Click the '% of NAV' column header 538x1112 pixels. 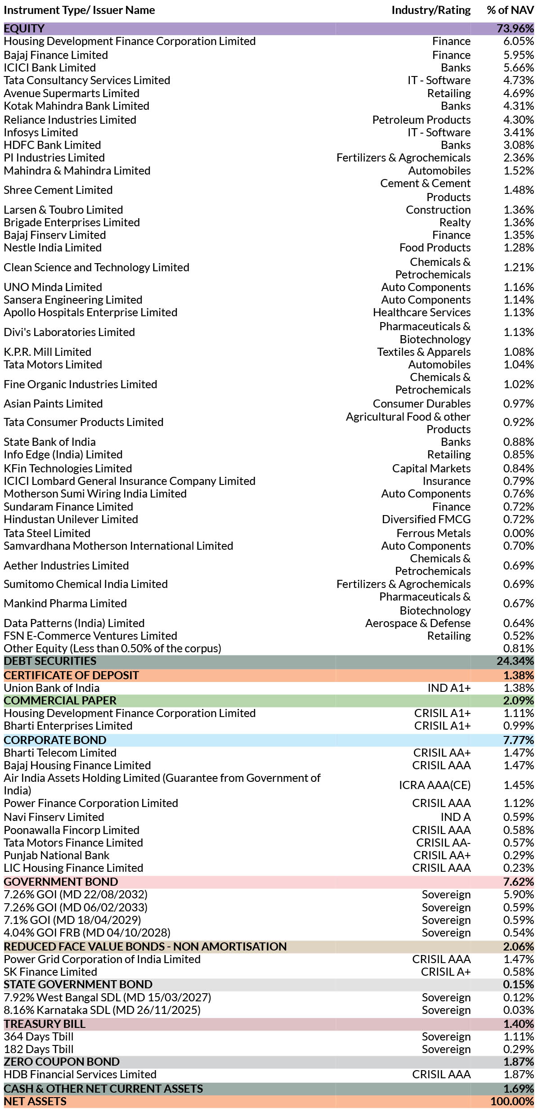[x=510, y=10]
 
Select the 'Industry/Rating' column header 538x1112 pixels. [x=431, y=10]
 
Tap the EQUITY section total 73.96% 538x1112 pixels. [x=515, y=28]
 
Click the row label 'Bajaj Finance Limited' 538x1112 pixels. [x=56, y=55]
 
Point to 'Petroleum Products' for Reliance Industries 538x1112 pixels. [x=421, y=120]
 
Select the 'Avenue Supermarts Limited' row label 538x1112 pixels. [x=72, y=93]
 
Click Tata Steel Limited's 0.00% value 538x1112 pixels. [x=519, y=533]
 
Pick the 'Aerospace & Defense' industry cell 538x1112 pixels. [x=418, y=623]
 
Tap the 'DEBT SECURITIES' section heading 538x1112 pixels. [x=50, y=661]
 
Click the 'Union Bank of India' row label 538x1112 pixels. [x=52, y=688]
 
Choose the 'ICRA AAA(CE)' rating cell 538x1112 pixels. [x=435, y=785]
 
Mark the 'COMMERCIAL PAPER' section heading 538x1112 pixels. [x=60, y=700]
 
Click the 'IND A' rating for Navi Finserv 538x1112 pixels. [x=456, y=817]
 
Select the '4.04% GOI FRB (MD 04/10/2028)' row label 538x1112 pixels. [x=87, y=933]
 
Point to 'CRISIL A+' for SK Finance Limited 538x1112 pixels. [x=446, y=972]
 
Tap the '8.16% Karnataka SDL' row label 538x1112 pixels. [x=102, y=1010]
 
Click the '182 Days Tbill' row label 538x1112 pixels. [x=39, y=1049]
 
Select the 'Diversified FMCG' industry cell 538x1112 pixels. [x=426, y=519]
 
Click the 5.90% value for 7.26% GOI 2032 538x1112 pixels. [x=519, y=895]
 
